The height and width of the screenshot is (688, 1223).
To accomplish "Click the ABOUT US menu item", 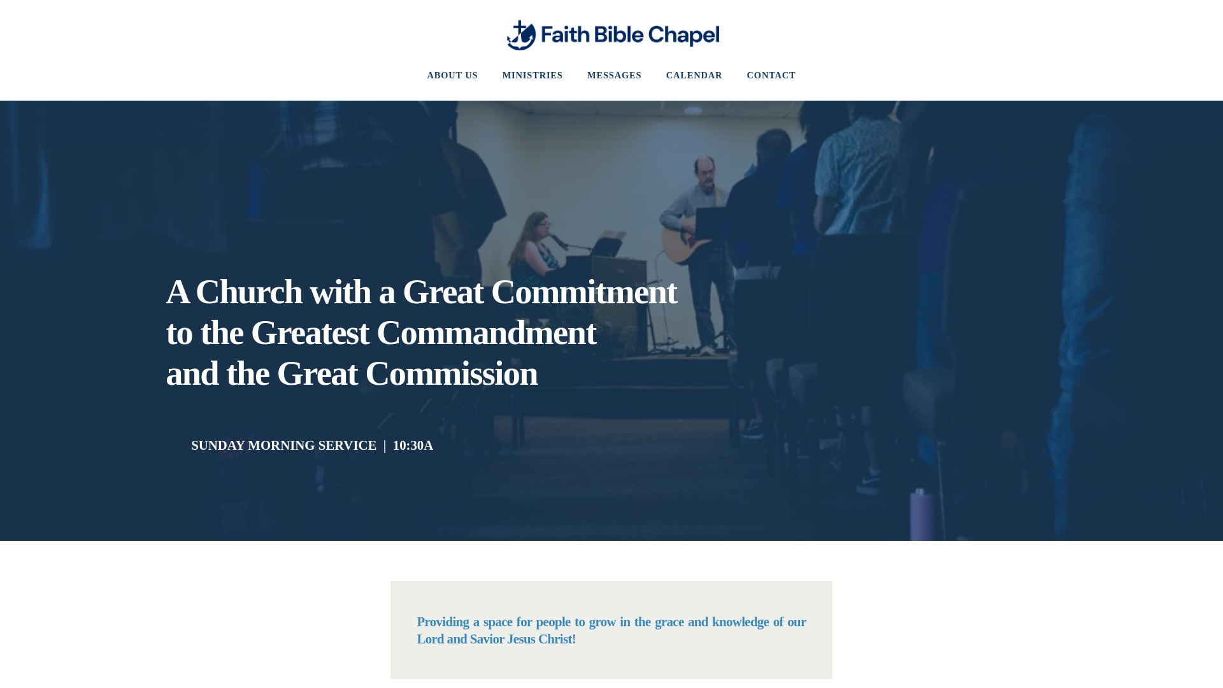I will (452, 76).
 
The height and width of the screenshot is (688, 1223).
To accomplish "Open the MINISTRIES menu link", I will (532, 76).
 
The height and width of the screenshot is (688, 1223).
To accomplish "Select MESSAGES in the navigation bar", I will (614, 76).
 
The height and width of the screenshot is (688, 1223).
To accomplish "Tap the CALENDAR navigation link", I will (694, 76).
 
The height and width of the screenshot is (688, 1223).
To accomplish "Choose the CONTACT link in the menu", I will (771, 76).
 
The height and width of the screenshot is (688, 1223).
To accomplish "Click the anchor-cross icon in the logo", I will (520, 35).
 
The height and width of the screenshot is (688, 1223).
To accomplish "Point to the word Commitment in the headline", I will (583, 292).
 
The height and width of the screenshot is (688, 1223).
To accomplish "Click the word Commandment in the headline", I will (486, 333).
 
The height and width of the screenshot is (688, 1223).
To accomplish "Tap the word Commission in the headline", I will (451, 374).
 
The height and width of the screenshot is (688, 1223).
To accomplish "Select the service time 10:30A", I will (413, 446).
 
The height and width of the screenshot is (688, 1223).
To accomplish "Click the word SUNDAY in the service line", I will (218, 446).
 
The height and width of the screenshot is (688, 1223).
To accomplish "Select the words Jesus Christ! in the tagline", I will (541, 640).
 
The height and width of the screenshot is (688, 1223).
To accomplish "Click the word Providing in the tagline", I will (443, 622).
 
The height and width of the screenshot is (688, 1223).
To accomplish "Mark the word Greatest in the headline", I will (310, 333).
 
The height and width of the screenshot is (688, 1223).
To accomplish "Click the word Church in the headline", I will (248, 292).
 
